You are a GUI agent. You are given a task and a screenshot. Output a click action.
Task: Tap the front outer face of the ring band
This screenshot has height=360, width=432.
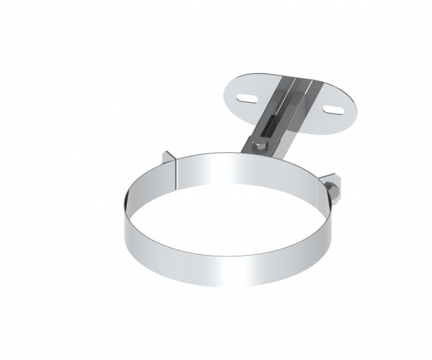point(226,266)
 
